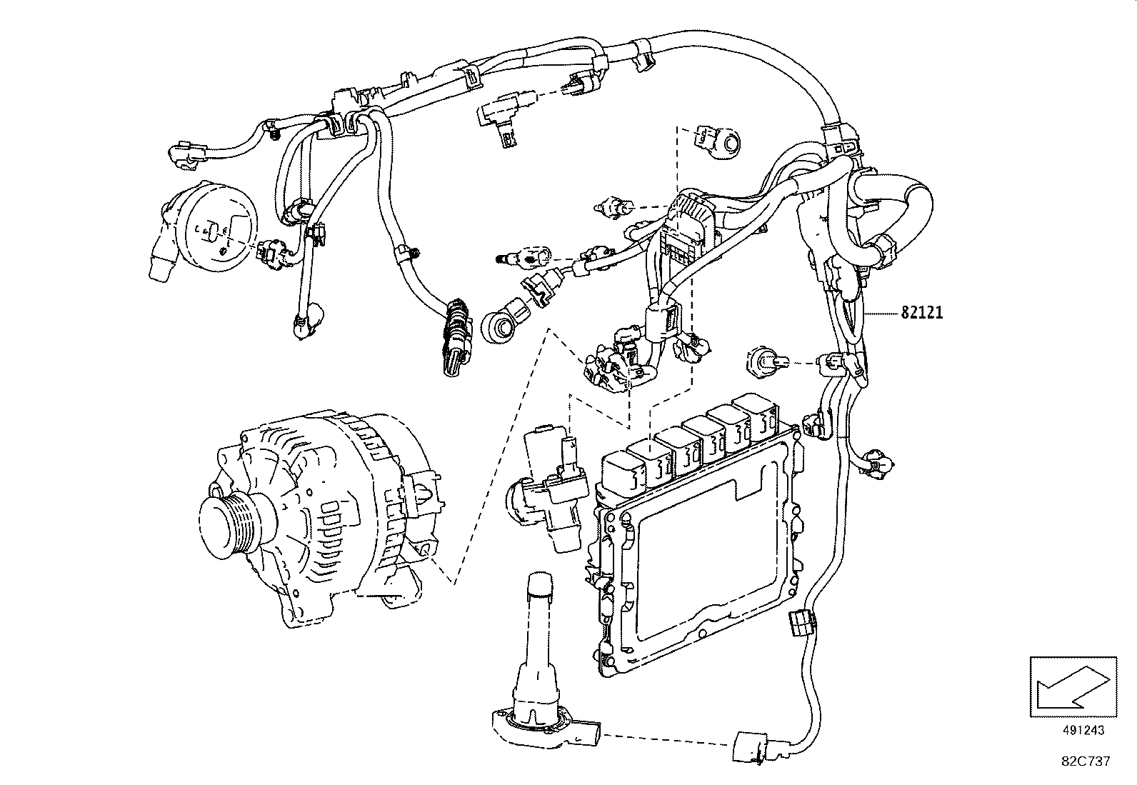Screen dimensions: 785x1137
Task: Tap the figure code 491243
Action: [1083, 730]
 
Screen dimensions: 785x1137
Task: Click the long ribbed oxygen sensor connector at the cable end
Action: [453, 339]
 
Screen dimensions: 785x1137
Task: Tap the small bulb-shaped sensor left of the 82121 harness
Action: [765, 362]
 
